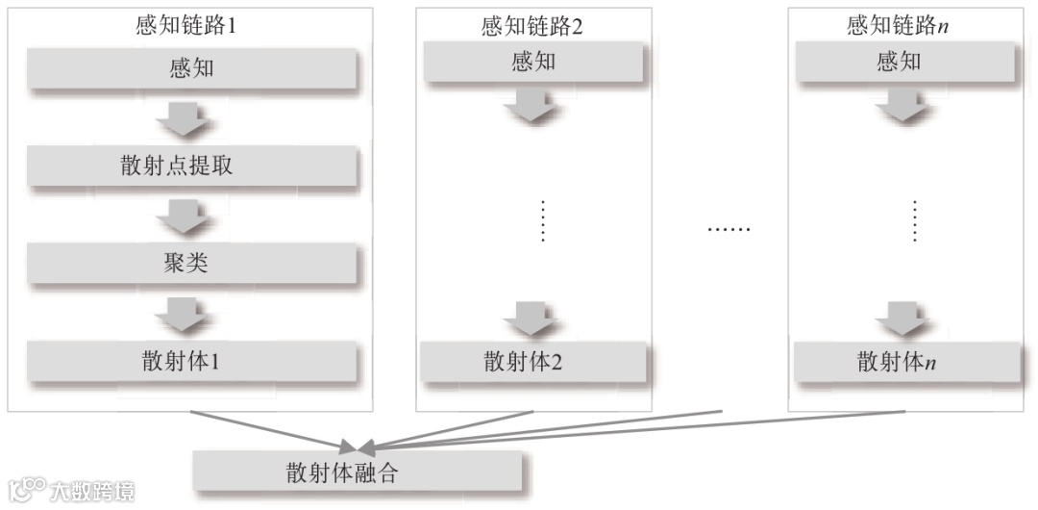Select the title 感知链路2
pyautogui.click(x=532, y=26)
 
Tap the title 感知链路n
pyautogui.click(x=898, y=26)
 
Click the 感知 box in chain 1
pyautogui.click(x=191, y=69)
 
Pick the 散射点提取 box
pyautogui.click(x=191, y=166)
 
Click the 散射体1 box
pyautogui.click(x=191, y=362)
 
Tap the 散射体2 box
pyautogui.click(x=531, y=362)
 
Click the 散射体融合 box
pyautogui.click(x=357, y=472)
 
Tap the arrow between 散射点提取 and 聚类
pyautogui.click(x=185, y=215)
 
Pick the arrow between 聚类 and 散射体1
pyautogui.click(x=185, y=312)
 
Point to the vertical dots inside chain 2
pyautogui.click(x=543, y=221)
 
